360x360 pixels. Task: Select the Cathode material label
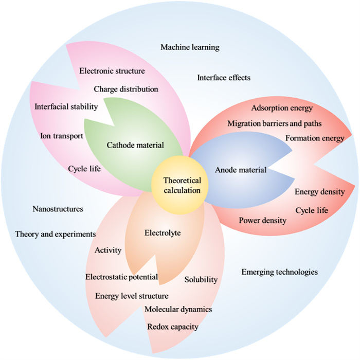(x=135, y=145)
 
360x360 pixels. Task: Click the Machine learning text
(x=190, y=47)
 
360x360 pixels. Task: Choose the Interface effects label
(x=224, y=78)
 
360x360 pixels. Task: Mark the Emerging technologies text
(x=279, y=272)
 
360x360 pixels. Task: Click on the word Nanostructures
(x=58, y=209)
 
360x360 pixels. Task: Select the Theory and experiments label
(x=56, y=234)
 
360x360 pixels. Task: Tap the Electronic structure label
(x=112, y=71)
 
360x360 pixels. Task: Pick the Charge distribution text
(x=126, y=89)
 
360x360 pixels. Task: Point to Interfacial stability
(x=66, y=107)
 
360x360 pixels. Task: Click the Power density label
(x=263, y=221)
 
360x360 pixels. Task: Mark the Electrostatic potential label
(x=121, y=277)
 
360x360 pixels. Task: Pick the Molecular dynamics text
(x=178, y=310)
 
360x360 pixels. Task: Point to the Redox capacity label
(x=173, y=327)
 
